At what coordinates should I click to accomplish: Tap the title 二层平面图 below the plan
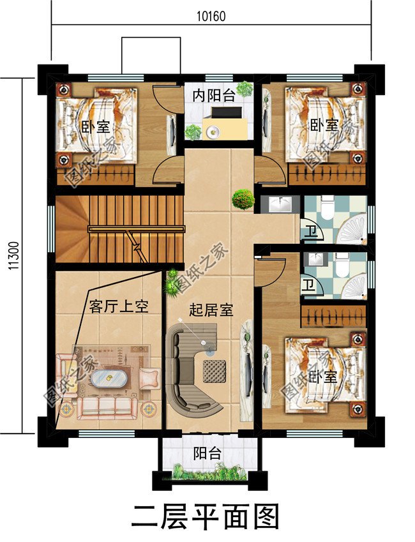coord(206,516)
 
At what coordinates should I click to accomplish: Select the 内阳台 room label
coord(214,96)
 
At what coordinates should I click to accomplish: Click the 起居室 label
coord(211,311)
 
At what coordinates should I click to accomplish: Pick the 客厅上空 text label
coord(119,306)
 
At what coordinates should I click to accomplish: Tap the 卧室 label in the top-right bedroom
coord(324,124)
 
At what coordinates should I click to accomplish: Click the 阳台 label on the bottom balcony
coord(207,454)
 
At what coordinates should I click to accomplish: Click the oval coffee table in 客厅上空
coord(107,379)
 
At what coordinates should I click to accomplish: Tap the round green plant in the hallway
coord(243,199)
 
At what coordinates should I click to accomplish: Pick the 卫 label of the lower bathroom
coord(309,285)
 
